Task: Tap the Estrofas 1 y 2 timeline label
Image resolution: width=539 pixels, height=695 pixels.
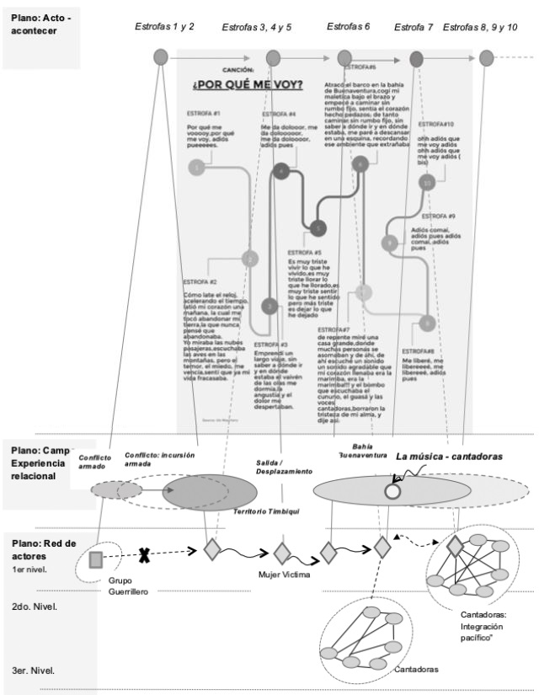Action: pos(165,27)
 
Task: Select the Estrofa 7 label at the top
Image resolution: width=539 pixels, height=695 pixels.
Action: pos(414,28)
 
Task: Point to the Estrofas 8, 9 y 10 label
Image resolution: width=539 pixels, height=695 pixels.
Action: pos(480,28)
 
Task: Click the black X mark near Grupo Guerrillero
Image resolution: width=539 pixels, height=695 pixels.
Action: pos(145,555)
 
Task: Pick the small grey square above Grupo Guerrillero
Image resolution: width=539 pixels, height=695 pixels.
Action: pos(95,558)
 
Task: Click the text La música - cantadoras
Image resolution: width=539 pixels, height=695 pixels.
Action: pos(449,456)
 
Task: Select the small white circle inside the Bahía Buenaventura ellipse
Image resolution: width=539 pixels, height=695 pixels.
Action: pos(391,491)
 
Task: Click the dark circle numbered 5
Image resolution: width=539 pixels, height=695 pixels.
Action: pos(317,227)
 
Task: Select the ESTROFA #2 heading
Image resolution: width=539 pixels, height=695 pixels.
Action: pos(201,281)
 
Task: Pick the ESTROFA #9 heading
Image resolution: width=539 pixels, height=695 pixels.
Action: pos(439,217)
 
